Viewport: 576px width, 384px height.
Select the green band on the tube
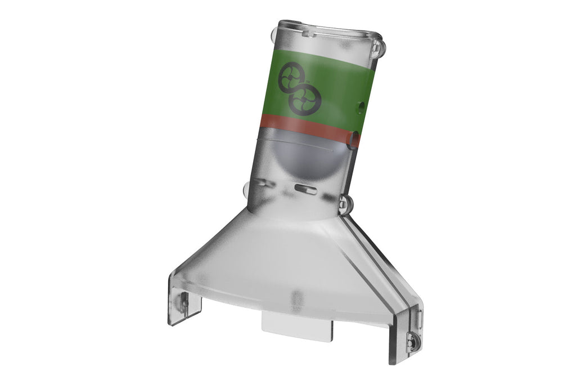click(337, 84)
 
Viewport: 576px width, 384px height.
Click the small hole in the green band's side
click(361, 105)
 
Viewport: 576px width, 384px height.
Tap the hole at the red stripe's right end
click(354, 139)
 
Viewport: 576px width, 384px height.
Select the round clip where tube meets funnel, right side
click(345, 205)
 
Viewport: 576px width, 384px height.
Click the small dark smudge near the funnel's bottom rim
click(296, 297)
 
